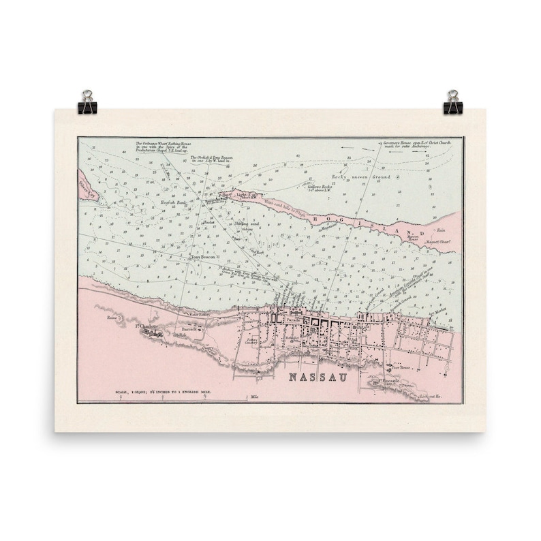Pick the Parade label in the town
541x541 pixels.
coord(293,317)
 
